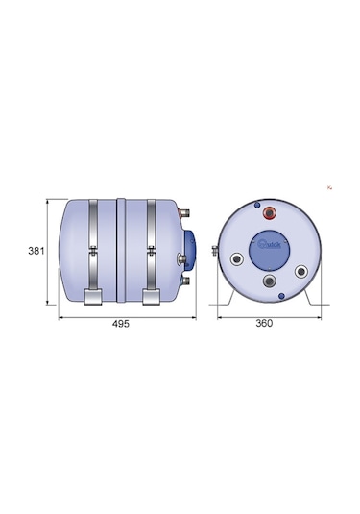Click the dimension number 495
click(x=120, y=324)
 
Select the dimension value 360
click(x=265, y=324)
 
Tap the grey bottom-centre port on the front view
click(x=270, y=282)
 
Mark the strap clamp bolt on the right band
click(x=151, y=253)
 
